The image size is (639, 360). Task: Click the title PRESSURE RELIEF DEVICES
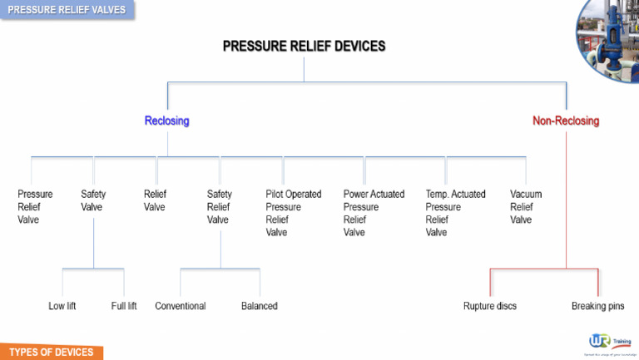tap(304, 47)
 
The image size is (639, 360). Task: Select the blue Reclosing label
tap(166, 121)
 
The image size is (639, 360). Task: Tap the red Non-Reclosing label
tap(566, 121)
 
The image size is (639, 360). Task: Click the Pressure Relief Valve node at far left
tap(35, 207)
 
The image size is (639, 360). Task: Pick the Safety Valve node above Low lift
tap(93, 200)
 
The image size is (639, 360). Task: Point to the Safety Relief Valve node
tap(220, 207)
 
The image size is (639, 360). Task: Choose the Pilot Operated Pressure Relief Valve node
tap(293, 213)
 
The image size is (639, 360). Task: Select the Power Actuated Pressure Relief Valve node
tap(374, 213)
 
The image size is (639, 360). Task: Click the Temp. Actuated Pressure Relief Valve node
tap(455, 213)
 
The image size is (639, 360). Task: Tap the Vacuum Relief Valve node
tap(526, 207)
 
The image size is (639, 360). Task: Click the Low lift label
tap(62, 306)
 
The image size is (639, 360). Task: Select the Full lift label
tap(124, 306)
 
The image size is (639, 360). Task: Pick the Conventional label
tap(181, 306)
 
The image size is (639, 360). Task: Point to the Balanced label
tap(260, 306)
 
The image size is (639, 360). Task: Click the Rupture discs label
tap(490, 306)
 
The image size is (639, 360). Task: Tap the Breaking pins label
tap(597, 306)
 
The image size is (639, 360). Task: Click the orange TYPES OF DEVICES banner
tap(51, 352)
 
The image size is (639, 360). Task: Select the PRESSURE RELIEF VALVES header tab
tap(67, 10)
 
